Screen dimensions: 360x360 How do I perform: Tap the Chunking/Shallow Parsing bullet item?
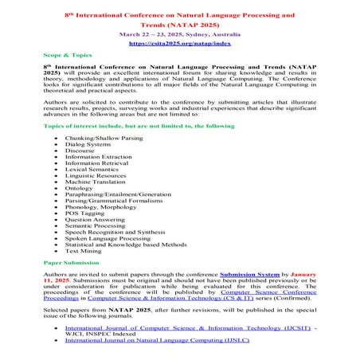click(108, 139)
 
